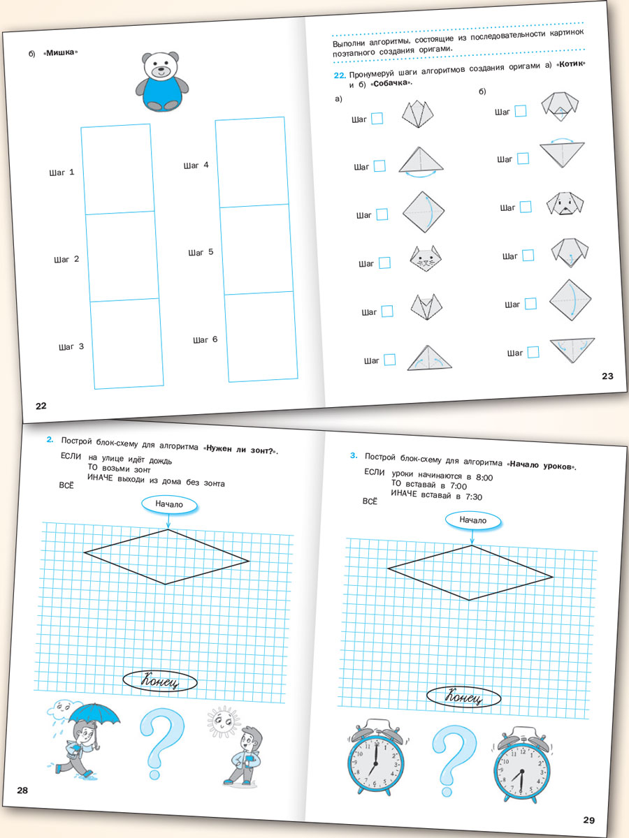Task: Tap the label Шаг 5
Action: (201, 253)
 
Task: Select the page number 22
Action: (41, 406)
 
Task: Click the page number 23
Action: (607, 376)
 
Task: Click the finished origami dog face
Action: (566, 203)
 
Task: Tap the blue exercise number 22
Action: (340, 75)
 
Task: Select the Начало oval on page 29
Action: (472, 520)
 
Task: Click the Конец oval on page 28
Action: (160, 681)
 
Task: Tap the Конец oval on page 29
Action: (463, 697)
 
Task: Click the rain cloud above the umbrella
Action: (59, 710)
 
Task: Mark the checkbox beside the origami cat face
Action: (384, 263)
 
